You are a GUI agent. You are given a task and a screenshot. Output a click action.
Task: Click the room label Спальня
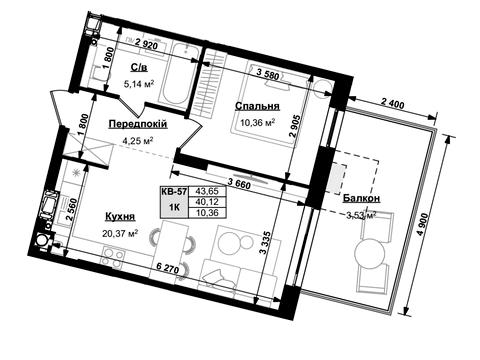coord(257,106)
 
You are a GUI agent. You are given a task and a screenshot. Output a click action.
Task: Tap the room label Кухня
coord(120,217)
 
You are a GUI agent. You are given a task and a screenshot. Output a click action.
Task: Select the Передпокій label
coord(138,124)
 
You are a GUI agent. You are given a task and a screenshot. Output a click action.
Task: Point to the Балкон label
coord(361,199)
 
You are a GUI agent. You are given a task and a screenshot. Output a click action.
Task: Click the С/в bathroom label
coord(139,68)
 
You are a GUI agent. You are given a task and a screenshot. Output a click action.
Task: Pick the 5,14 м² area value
coord(139,84)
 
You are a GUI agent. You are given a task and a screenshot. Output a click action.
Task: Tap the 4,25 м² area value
coord(138,141)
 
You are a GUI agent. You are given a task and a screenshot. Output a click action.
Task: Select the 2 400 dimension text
coord(392,104)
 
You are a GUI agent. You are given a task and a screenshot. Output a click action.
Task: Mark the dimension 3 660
coord(239,182)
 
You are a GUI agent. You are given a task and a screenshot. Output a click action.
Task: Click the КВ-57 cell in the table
coord(174,191)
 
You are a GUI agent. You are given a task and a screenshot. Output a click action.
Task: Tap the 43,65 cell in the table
coord(207,191)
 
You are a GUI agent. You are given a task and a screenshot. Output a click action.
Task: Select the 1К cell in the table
coord(174,207)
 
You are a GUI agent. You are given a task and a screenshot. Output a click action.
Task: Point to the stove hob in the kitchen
coord(113,257)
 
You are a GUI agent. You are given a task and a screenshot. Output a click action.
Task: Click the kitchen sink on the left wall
coord(48,205)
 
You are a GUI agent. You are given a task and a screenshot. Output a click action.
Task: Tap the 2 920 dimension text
coord(147,44)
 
